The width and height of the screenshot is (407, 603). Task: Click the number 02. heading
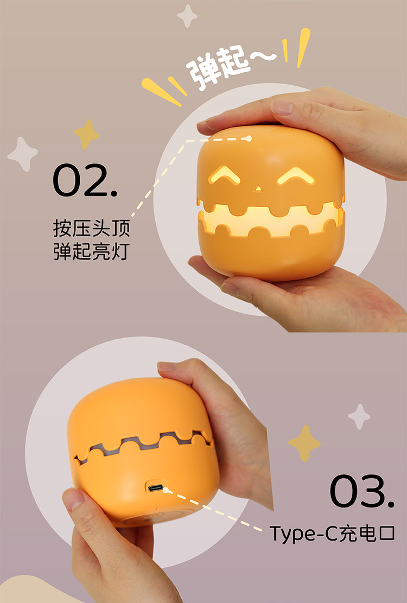click(x=85, y=180)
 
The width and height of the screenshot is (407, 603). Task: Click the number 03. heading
click(x=361, y=491)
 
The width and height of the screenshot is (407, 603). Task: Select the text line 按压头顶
click(x=92, y=228)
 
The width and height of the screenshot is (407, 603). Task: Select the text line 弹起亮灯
click(x=92, y=251)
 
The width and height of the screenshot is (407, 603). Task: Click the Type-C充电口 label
click(x=332, y=534)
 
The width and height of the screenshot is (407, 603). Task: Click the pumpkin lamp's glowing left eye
click(x=224, y=175)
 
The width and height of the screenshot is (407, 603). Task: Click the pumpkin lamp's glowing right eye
click(x=296, y=176)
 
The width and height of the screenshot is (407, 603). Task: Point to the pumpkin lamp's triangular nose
click(x=258, y=188)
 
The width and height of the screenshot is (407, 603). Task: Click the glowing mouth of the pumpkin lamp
click(x=270, y=221)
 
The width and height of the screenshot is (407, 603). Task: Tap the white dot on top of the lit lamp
click(x=249, y=138)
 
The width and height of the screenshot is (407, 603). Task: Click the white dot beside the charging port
click(x=166, y=490)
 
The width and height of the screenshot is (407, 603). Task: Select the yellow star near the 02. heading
click(x=86, y=134)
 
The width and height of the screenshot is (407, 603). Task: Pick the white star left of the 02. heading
click(x=22, y=154)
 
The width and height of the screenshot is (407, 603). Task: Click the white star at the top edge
click(x=187, y=16)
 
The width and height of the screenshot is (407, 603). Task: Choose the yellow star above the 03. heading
click(x=304, y=443)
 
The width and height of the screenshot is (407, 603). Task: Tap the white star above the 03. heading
click(x=359, y=416)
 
